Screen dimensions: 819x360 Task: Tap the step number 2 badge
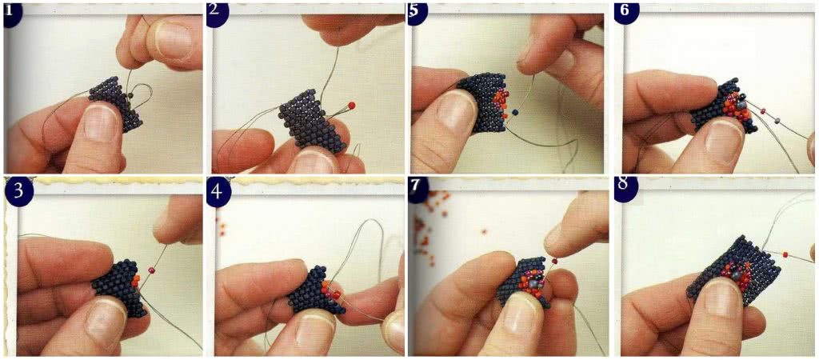[x=214, y=14]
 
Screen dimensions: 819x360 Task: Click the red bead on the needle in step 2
[x=352, y=105]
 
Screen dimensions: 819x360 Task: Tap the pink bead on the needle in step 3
[x=152, y=270]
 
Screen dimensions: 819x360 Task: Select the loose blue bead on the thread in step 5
[x=516, y=112]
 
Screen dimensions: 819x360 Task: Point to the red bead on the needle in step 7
[x=553, y=260]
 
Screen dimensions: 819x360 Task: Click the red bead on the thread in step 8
[x=785, y=254]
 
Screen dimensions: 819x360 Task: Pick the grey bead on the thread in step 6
[x=778, y=121]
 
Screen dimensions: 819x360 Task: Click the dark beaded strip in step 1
[x=117, y=103]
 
